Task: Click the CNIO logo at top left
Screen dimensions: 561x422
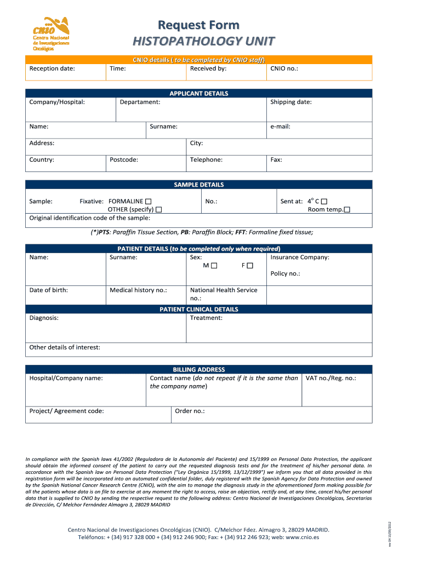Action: click(51, 33)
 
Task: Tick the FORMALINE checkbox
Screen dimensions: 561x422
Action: click(149, 202)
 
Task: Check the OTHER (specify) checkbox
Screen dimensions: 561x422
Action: click(158, 210)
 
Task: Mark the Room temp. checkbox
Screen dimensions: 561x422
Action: click(347, 210)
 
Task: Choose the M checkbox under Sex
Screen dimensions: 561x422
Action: click(214, 266)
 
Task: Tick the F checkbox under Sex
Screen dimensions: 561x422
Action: click(250, 266)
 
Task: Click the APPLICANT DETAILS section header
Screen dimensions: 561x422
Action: click(198, 94)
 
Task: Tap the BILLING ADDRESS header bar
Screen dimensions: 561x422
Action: click(198, 370)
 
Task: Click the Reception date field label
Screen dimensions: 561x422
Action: click(52, 68)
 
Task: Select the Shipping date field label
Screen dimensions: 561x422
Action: click(291, 102)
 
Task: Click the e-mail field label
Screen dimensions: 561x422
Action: click(280, 127)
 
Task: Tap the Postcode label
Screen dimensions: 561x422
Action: click(124, 159)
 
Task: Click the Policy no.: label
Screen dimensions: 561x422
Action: click(285, 273)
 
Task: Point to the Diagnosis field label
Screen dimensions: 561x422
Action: click(44, 318)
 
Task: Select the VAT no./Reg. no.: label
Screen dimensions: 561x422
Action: click(330, 378)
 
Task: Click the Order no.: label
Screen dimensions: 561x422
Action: click(190, 411)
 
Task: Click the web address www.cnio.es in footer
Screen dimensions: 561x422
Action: click(302, 537)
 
